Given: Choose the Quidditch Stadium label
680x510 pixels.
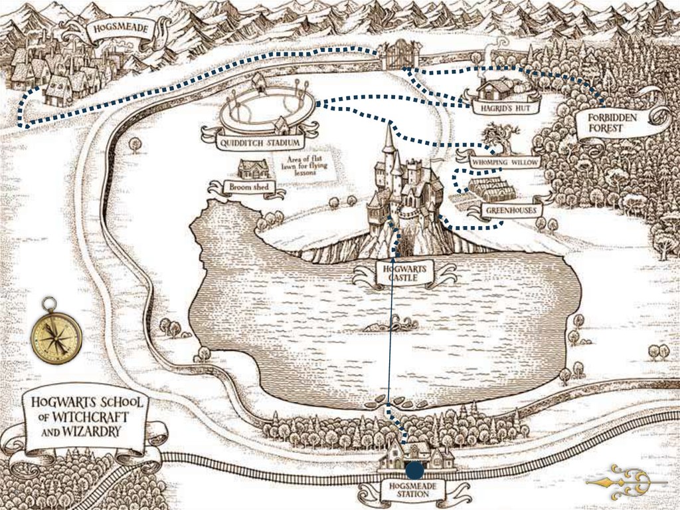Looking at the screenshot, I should tap(260, 142).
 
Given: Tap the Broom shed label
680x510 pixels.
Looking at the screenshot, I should tap(248, 188).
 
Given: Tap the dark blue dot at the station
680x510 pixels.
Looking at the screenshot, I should tap(415, 471).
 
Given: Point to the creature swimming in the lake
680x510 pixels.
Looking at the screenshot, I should tap(391, 325).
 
